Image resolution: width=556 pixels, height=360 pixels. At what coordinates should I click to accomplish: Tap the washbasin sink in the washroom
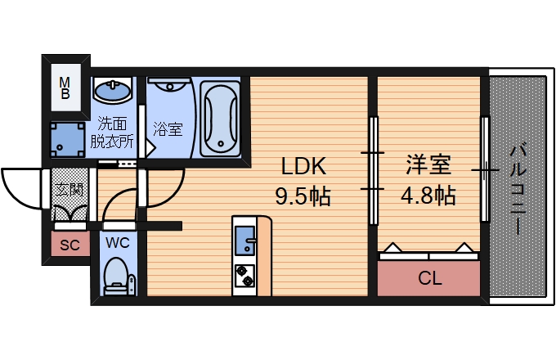pos(113,90)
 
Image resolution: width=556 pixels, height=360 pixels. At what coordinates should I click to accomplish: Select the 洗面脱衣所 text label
pos(112,133)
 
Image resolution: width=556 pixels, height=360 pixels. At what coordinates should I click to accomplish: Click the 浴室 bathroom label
pos(168,128)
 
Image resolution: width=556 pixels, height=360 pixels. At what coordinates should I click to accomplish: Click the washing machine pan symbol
pos(66,140)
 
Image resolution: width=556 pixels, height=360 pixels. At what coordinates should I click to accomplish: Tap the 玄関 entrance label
pos(68,189)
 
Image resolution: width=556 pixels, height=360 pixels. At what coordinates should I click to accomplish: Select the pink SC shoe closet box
pos(69,243)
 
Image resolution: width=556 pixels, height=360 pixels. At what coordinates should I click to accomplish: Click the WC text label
pos(116,243)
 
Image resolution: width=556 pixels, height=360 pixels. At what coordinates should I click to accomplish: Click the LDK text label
pos(303,167)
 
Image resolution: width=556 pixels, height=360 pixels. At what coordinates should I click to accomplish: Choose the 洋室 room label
pos(428,166)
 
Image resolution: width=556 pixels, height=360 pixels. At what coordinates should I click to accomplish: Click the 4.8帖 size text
pos(428,196)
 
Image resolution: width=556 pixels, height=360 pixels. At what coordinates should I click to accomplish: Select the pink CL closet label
pos(429,278)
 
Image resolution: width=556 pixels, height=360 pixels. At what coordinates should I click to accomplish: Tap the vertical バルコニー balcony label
pos(518,189)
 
